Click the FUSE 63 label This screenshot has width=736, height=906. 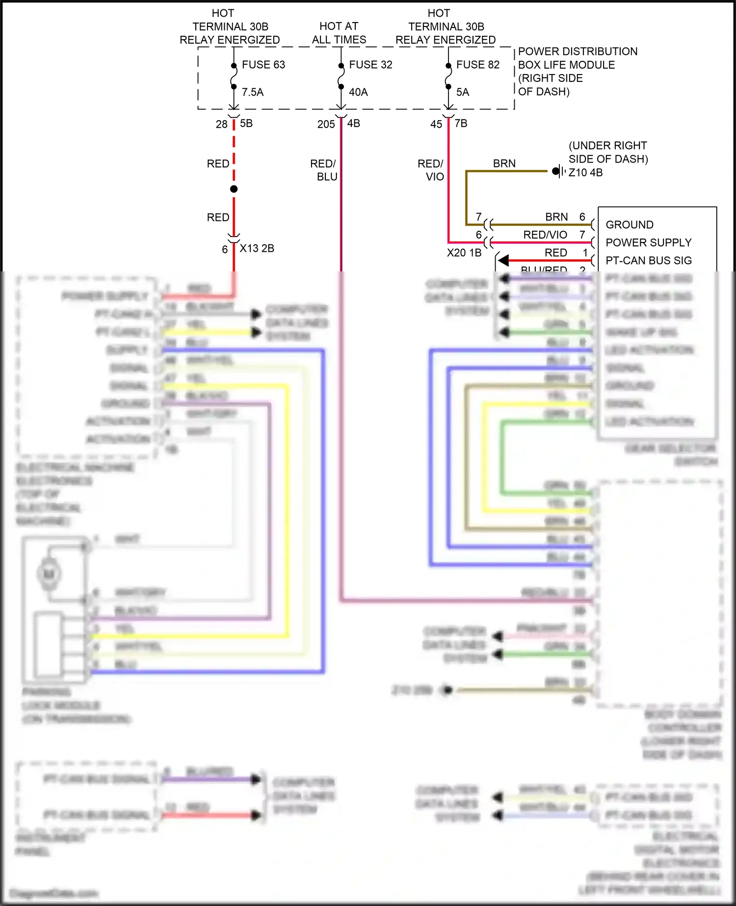pos(263,65)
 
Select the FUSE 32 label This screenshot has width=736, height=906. pos(370,65)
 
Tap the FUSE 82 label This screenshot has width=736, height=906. pos(477,65)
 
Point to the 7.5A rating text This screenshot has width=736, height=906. pos(253,92)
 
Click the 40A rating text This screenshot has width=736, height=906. pos(358,92)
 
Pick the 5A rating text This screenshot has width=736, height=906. pos(463,92)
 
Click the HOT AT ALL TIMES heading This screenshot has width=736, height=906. pos(339,33)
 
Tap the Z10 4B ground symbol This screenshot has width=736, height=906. pos(558,171)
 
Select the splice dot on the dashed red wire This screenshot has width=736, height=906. pos(234,189)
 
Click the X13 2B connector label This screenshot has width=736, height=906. pos(257,248)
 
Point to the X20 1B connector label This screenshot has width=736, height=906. pos(464,253)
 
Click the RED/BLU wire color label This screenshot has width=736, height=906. pos(323,170)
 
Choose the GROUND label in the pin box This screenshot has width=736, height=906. pos(630,225)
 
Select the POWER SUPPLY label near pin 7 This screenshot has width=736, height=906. pos(648,242)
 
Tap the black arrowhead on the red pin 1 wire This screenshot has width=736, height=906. pos(503,261)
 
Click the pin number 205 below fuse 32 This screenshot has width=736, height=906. pos(326,125)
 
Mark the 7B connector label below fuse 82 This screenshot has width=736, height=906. pos(461,123)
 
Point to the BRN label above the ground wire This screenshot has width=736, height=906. pos(504,163)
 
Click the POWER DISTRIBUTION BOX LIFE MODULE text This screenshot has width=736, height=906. pos(578,58)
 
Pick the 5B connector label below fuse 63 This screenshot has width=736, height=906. pos(246,123)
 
